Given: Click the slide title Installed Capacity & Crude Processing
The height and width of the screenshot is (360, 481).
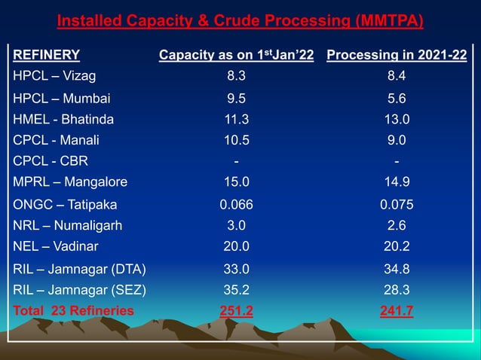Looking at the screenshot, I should click(x=240, y=20).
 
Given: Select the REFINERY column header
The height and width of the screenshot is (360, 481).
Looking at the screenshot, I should click(x=47, y=54).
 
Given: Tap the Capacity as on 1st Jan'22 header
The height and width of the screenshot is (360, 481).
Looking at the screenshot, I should click(x=236, y=54).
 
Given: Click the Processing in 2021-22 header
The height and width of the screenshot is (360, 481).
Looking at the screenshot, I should click(x=397, y=54).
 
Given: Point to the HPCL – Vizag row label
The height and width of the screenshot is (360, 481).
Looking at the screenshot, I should click(x=54, y=75).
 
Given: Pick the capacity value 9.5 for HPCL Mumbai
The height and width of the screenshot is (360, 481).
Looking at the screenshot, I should click(x=236, y=98).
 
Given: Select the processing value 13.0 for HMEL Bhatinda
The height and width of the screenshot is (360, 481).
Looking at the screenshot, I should click(x=397, y=119).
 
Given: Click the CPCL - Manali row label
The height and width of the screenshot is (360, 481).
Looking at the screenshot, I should click(x=56, y=140).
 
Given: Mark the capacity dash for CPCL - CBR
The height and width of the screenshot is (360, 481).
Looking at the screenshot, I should click(x=236, y=160).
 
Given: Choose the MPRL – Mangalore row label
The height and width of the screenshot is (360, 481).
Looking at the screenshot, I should click(x=70, y=182).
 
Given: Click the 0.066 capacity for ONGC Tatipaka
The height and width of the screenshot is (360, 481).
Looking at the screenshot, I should click(x=236, y=204).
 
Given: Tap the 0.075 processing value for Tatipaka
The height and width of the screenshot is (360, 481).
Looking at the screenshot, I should click(x=397, y=204).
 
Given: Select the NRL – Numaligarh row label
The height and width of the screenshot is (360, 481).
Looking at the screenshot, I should click(x=68, y=225).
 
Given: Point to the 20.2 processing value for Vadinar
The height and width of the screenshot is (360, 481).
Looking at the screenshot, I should click(x=397, y=246).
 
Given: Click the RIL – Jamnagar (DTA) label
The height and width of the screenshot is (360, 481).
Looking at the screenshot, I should click(x=80, y=268).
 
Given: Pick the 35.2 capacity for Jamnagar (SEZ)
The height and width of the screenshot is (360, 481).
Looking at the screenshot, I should click(x=236, y=289).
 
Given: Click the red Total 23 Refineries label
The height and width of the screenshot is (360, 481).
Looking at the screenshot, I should click(x=74, y=310).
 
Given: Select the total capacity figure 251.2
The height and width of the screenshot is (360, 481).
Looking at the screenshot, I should click(x=236, y=310).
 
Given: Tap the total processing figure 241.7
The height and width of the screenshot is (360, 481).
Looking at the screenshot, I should click(x=397, y=310).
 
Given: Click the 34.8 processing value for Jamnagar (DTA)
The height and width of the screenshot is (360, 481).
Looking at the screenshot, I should click(x=397, y=268).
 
